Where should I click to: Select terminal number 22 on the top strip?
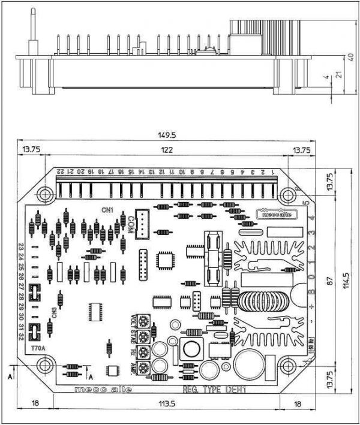point(60,171)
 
